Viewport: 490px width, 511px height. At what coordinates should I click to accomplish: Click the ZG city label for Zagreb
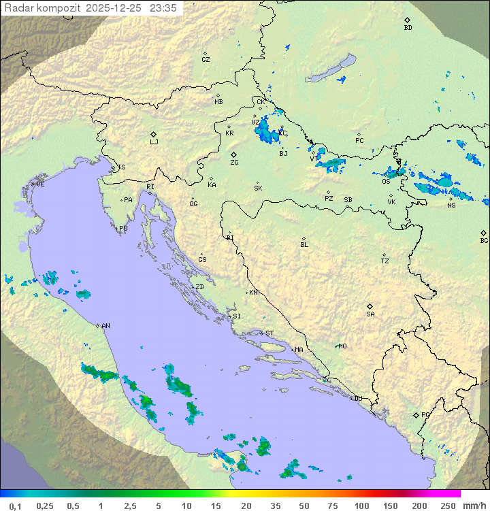point(234,163)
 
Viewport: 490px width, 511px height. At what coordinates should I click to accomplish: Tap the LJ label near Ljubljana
point(154,142)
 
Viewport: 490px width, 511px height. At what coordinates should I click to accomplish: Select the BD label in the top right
point(408,28)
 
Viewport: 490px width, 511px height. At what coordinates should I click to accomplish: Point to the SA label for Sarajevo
point(370,314)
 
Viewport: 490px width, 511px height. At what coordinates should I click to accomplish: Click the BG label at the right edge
point(484,241)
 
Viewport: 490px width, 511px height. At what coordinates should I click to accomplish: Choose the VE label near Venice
point(40,184)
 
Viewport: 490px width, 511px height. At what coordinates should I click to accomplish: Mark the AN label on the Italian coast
point(105,326)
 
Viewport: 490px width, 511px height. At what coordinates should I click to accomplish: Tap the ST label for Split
point(269,333)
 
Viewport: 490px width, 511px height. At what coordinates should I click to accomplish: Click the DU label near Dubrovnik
point(358,399)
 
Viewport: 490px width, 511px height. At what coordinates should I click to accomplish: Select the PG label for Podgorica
point(425,414)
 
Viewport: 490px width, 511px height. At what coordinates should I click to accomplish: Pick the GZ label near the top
point(206,60)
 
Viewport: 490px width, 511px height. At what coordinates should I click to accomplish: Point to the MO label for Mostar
point(343,346)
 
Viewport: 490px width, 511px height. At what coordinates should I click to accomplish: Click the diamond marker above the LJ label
point(154,134)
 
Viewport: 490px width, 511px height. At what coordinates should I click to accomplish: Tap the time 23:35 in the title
point(165,8)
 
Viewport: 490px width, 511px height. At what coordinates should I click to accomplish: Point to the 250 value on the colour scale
point(448,506)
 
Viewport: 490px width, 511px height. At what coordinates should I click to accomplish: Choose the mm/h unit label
point(474,506)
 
